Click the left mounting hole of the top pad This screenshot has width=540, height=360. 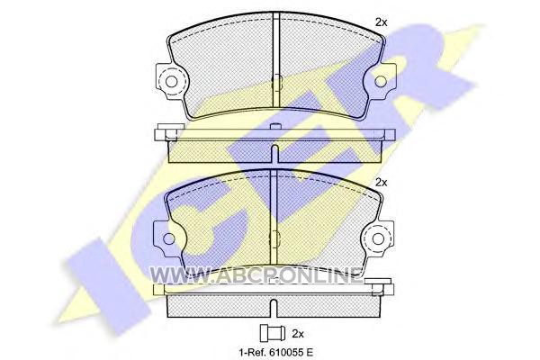pos(172,82)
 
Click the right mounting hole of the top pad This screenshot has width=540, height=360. pos(380,81)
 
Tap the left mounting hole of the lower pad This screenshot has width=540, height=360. pos(169,238)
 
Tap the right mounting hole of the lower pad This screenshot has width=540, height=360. pos(379,238)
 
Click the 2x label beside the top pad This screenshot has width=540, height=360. pos(382,22)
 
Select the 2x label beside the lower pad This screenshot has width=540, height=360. pos(382,182)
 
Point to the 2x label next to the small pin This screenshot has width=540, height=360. pos(298,334)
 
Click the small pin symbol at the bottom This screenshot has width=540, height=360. pos(272,333)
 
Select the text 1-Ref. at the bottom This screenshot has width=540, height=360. pos(250,352)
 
